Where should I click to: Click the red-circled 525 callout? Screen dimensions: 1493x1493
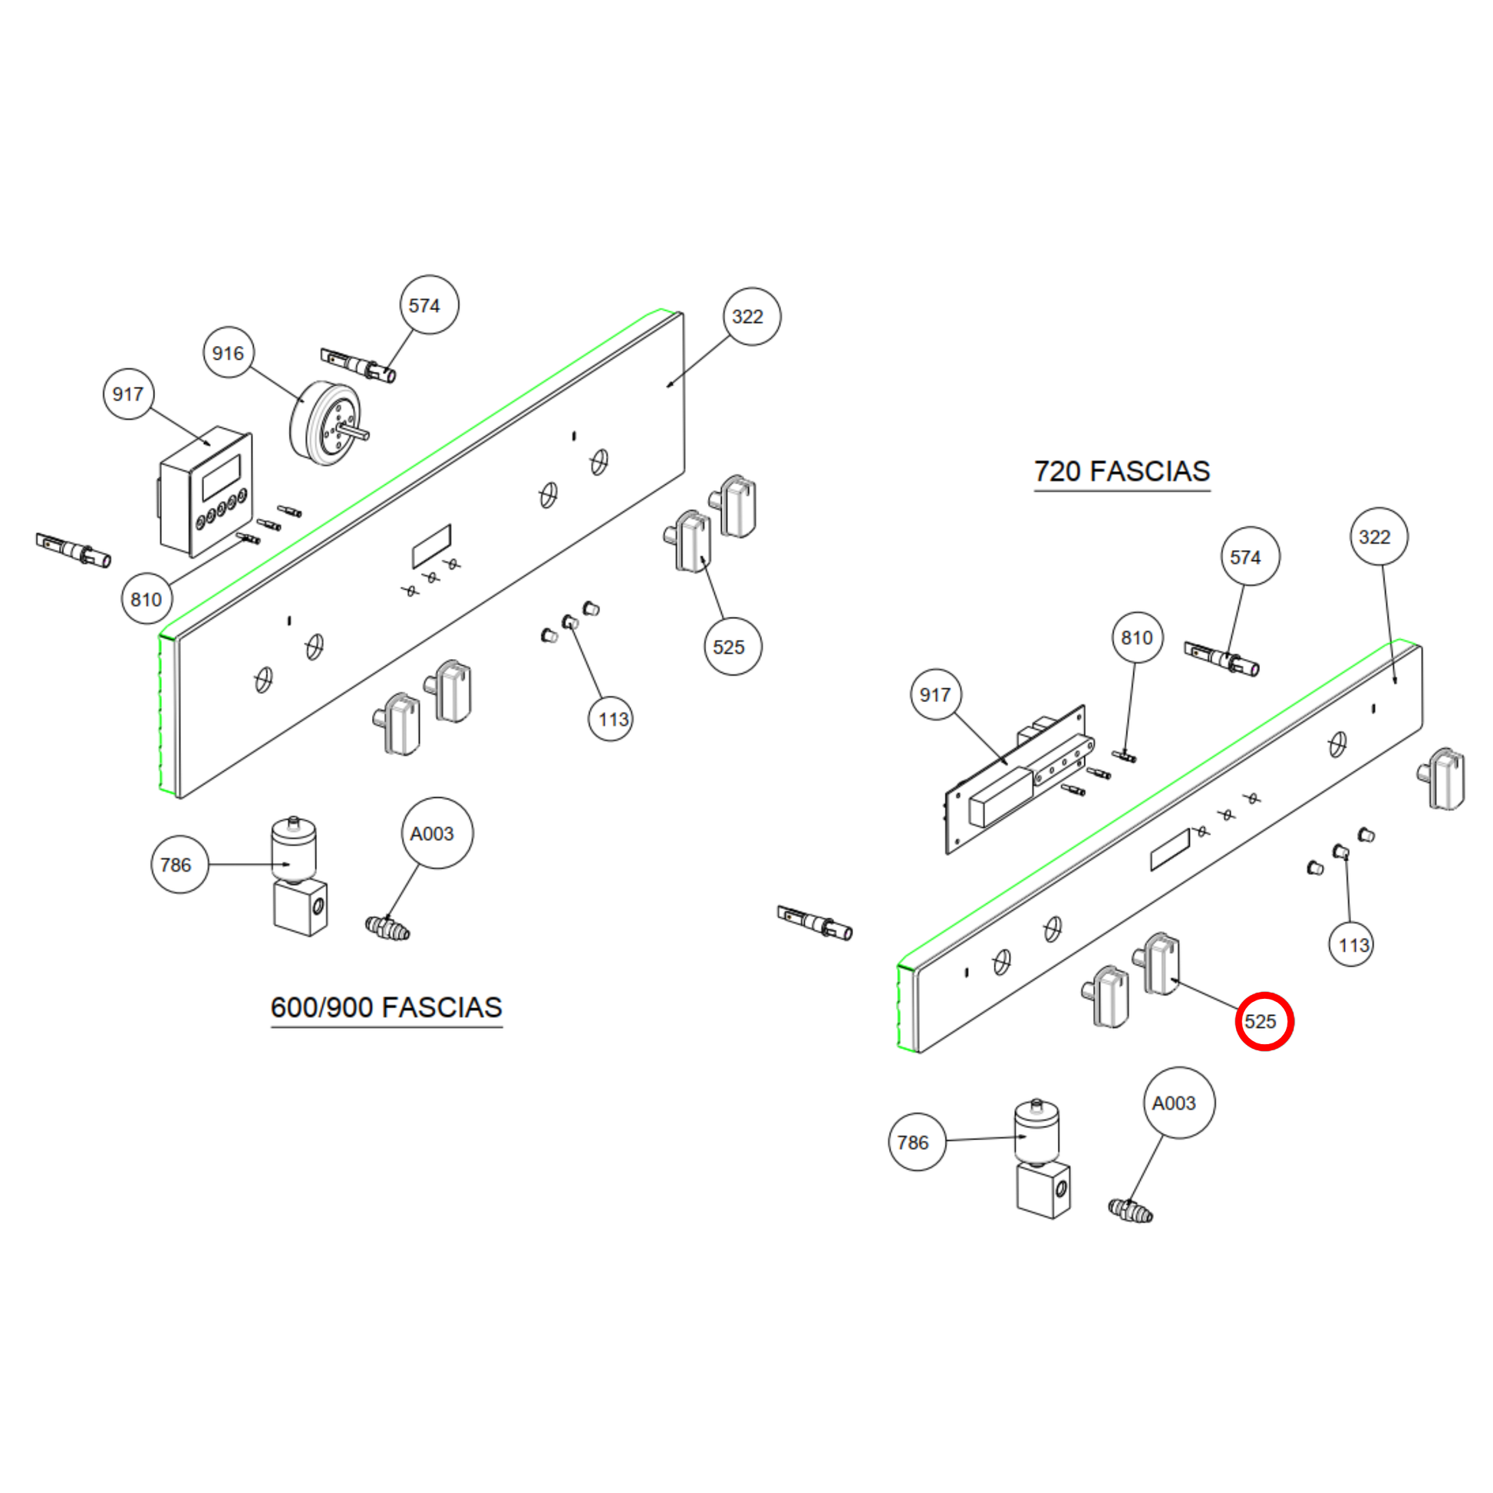(1264, 1022)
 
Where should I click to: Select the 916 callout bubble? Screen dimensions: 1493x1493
(228, 353)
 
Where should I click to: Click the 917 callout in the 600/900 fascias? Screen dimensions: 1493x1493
(128, 394)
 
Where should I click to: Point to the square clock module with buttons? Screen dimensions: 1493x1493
(206, 491)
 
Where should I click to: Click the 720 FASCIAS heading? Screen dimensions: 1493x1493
(1122, 471)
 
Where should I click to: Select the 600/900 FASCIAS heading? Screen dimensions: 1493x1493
(387, 1007)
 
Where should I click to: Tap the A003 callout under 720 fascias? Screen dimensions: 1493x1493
(1178, 1102)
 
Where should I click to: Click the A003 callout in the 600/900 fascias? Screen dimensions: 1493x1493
(437, 833)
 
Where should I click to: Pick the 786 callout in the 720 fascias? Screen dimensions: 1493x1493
(917, 1142)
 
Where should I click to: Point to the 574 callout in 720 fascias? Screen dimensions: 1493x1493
(1250, 556)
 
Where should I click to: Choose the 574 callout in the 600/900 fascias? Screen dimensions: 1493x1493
(429, 305)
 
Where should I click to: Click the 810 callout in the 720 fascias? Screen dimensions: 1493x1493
(1137, 638)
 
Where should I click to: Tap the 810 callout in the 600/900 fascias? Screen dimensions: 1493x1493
(147, 599)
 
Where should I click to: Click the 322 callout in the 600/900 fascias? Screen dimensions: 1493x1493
(751, 317)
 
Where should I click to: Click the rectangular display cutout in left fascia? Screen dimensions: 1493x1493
(431, 545)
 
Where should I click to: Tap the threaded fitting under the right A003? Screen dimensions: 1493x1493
(1131, 1210)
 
